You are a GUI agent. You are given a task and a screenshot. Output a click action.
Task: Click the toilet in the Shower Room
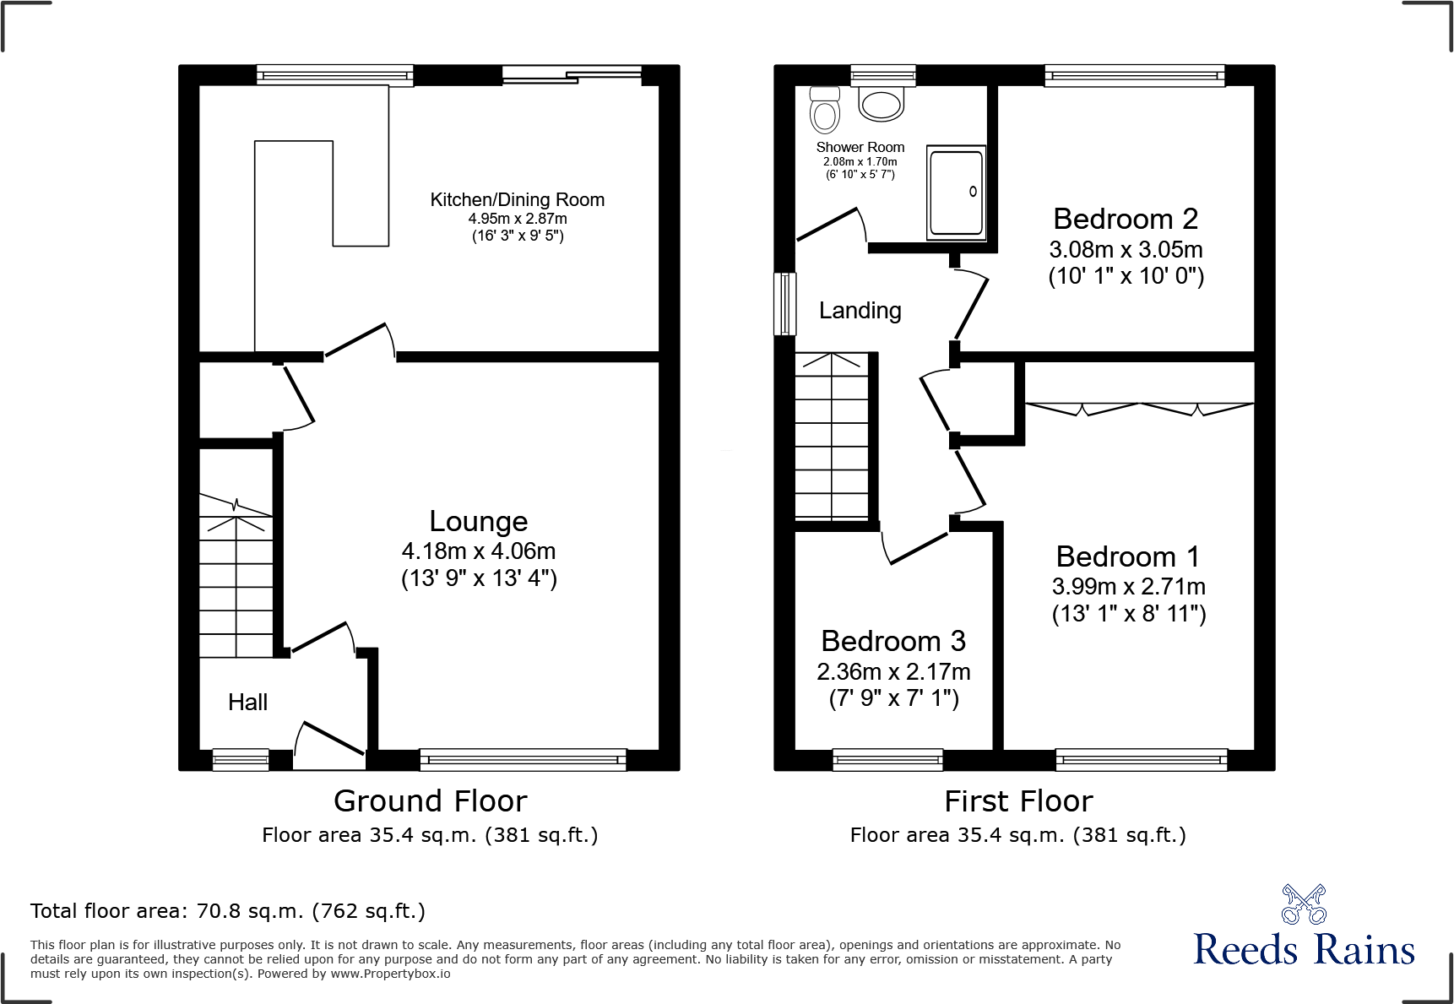(825, 110)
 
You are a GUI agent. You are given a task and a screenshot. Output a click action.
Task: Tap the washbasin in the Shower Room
(882, 104)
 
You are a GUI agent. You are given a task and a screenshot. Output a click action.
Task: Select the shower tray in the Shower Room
(956, 193)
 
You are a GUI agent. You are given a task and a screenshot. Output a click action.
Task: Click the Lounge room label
(479, 521)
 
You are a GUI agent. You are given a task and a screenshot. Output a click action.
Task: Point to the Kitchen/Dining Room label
(518, 200)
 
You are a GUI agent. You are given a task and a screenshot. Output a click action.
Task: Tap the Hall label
(247, 702)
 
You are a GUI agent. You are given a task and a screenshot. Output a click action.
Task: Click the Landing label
(860, 311)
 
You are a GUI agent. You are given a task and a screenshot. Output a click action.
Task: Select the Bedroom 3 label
(893, 641)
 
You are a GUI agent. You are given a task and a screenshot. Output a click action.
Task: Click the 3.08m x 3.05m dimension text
(1126, 250)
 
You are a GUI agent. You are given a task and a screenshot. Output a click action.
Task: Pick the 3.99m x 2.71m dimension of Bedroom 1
(1129, 587)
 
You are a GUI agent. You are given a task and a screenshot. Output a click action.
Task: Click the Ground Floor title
(431, 800)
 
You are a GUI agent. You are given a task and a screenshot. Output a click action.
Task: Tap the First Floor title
(1018, 800)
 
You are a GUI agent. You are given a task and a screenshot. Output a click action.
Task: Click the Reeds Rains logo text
(1304, 949)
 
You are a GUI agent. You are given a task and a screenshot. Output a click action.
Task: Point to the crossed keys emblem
(1304, 904)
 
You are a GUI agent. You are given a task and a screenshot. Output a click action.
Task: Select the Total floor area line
(228, 911)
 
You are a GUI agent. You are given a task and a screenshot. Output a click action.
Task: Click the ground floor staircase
(236, 575)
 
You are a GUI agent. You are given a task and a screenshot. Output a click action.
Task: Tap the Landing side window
(785, 304)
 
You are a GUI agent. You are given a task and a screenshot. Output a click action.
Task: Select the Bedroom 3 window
(887, 760)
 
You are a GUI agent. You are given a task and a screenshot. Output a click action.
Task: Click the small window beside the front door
(241, 760)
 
